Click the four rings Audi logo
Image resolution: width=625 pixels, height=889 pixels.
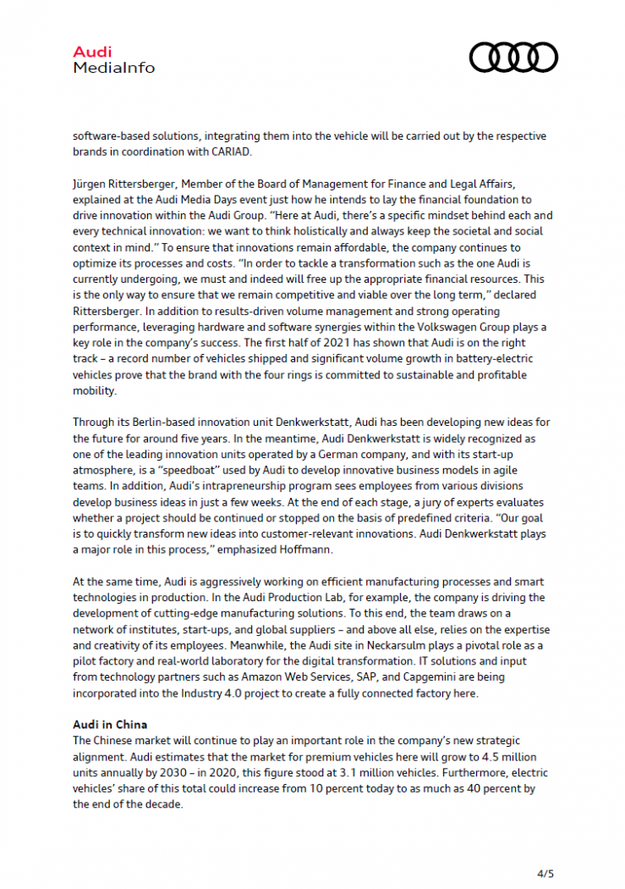coord(513,58)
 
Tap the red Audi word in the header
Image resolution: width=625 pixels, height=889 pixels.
coord(92,52)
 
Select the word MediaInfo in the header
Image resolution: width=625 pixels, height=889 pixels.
coord(114,67)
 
